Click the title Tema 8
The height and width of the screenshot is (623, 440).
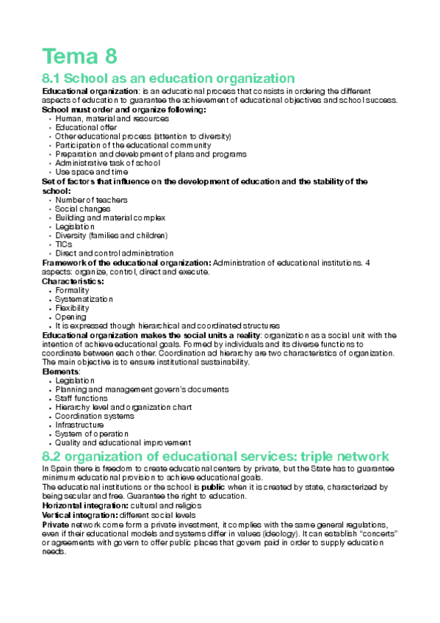(x=80, y=56)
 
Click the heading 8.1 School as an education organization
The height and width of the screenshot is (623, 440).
(x=168, y=79)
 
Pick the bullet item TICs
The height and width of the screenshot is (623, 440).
(x=64, y=244)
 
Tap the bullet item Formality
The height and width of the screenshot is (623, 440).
(x=72, y=290)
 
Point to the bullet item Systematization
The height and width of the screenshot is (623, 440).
(x=84, y=299)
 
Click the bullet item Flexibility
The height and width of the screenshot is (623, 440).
(x=73, y=308)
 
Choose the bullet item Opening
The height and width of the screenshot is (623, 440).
(x=71, y=317)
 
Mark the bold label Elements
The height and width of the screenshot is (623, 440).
(x=59, y=372)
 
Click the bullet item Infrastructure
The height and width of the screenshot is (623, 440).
(x=79, y=425)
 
